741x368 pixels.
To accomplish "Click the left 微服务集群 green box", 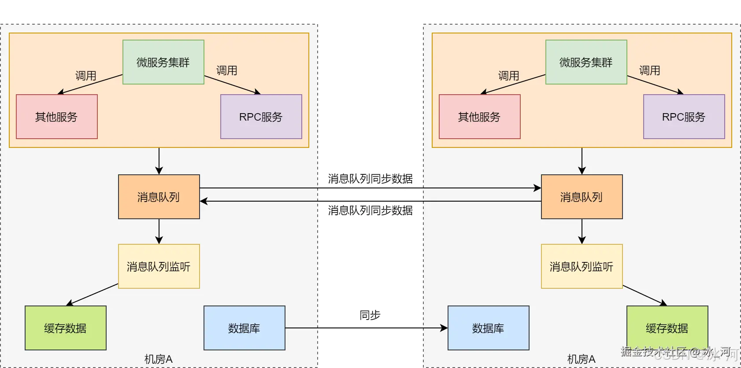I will pyautogui.click(x=163, y=62).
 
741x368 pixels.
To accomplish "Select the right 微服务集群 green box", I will pyautogui.click(x=586, y=62).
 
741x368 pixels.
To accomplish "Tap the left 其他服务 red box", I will pyautogui.click(x=56, y=117).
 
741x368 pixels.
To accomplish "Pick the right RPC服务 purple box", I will pyautogui.click(x=684, y=117).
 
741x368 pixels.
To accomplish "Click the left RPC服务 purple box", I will pyautogui.click(x=261, y=117).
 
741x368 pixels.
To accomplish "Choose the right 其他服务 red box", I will pyautogui.click(x=479, y=117).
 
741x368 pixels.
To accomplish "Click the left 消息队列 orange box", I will pyautogui.click(x=159, y=197).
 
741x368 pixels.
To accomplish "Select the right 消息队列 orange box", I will pyautogui.click(x=582, y=197).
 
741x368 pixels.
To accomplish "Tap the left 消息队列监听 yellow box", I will pyautogui.click(x=159, y=266).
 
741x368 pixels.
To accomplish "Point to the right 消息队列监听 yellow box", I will pyautogui.click(x=582, y=266).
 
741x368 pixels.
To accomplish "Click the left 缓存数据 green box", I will pyautogui.click(x=65, y=328).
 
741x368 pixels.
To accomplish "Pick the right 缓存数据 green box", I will pyautogui.click(x=667, y=328).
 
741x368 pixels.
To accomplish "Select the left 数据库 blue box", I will pyautogui.click(x=244, y=328).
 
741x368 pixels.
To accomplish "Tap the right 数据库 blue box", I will pyautogui.click(x=488, y=328).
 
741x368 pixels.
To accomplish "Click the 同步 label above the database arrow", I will pyautogui.click(x=370, y=315).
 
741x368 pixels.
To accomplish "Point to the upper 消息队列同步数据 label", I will pyautogui.click(x=370, y=179).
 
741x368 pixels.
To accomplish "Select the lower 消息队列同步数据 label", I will pyautogui.click(x=370, y=210).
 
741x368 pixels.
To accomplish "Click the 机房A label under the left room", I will pyautogui.click(x=159, y=359).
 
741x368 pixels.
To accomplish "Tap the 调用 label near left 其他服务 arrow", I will pyautogui.click(x=85, y=76).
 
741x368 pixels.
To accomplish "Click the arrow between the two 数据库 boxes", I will pyautogui.click(x=366, y=328).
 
